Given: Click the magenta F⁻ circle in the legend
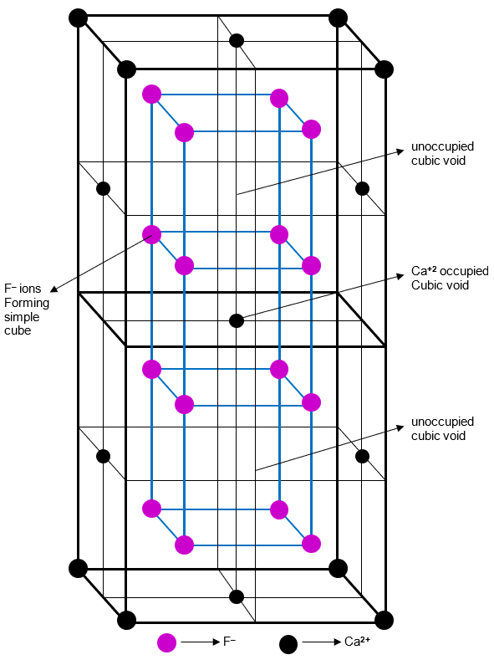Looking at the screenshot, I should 167,642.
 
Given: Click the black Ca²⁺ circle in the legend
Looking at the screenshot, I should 288,643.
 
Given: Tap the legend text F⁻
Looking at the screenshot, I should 229,642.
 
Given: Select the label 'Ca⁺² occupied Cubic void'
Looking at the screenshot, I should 450,279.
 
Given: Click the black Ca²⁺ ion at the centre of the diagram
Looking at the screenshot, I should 237,320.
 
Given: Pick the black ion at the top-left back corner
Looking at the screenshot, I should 78,18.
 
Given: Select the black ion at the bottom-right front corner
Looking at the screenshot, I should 384,620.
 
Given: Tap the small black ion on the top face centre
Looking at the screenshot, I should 237,39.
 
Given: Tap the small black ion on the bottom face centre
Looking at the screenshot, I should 237,596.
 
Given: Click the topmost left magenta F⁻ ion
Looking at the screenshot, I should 151,94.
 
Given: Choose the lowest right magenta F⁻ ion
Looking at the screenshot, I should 311,544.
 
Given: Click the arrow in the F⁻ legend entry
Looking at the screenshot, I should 199,642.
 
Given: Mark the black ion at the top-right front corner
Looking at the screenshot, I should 384,69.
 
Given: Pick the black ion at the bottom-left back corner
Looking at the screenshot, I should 78,568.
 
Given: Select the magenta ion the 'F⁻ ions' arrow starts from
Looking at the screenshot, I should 151,234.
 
